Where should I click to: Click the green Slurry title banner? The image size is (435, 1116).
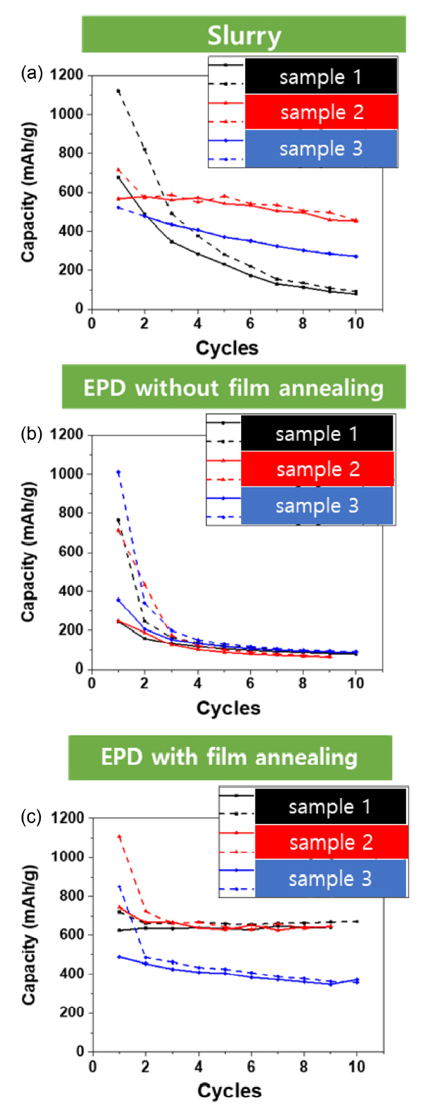point(244,35)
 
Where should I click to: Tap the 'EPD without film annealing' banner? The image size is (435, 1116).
point(233,388)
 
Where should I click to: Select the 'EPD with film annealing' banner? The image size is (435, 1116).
point(229,757)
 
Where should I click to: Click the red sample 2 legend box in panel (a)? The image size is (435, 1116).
point(321,112)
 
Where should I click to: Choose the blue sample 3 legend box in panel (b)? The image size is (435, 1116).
point(317,505)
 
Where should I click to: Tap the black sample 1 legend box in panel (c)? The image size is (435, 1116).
point(330,807)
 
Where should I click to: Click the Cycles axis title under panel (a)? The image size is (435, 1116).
point(227,348)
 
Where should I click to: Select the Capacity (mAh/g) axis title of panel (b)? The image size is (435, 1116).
point(28,552)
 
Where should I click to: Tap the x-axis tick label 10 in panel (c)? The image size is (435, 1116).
point(357,1066)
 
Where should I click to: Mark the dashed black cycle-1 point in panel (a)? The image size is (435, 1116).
point(118,91)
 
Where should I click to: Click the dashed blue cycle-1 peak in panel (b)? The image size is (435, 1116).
point(118,472)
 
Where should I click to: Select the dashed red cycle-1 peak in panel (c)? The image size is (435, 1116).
point(119,837)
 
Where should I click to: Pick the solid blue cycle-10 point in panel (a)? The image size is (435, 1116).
point(356,256)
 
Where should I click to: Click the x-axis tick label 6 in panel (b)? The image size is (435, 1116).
point(251,683)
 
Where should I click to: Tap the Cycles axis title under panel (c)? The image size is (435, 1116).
point(229,1091)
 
